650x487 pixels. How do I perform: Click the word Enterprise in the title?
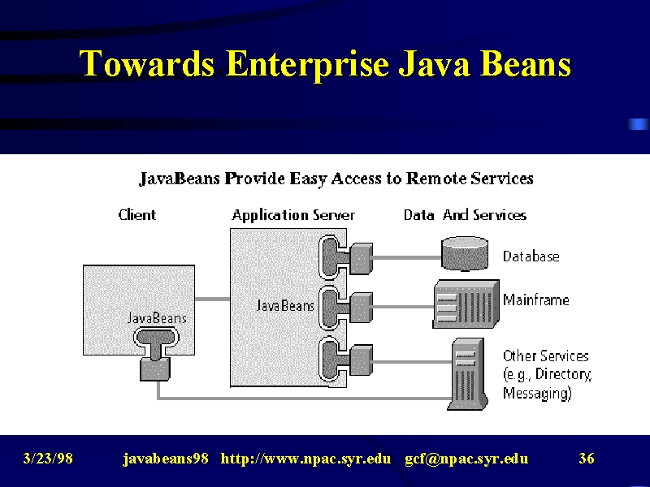pyautogui.click(x=307, y=64)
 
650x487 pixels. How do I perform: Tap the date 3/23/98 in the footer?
pyautogui.click(x=48, y=459)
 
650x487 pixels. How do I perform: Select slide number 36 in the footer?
pyautogui.click(x=587, y=459)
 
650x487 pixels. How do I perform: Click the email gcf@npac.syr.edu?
pyautogui.click(x=466, y=459)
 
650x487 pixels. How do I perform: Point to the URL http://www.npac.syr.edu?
pyautogui.click(x=305, y=459)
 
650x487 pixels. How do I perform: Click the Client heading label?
pyautogui.click(x=136, y=214)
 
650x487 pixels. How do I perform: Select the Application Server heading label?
pyautogui.click(x=293, y=215)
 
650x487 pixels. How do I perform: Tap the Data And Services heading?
pyautogui.click(x=465, y=214)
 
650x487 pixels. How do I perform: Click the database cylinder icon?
pyautogui.click(x=465, y=253)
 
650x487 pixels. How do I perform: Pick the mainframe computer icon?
pyautogui.click(x=466, y=304)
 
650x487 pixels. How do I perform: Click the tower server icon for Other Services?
pyautogui.click(x=468, y=374)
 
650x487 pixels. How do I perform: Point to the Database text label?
pyautogui.click(x=531, y=256)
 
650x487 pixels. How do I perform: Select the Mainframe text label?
pyautogui.click(x=536, y=300)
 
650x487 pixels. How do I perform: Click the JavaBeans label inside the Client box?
pyautogui.click(x=157, y=318)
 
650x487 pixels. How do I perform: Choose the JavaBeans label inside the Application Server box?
pyautogui.click(x=285, y=306)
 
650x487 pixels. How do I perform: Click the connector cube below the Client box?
pyautogui.click(x=155, y=369)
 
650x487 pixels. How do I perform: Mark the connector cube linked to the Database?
pyautogui.click(x=361, y=258)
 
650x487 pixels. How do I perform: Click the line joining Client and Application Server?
pyautogui.click(x=212, y=299)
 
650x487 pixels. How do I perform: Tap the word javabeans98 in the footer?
pyautogui.click(x=166, y=459)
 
